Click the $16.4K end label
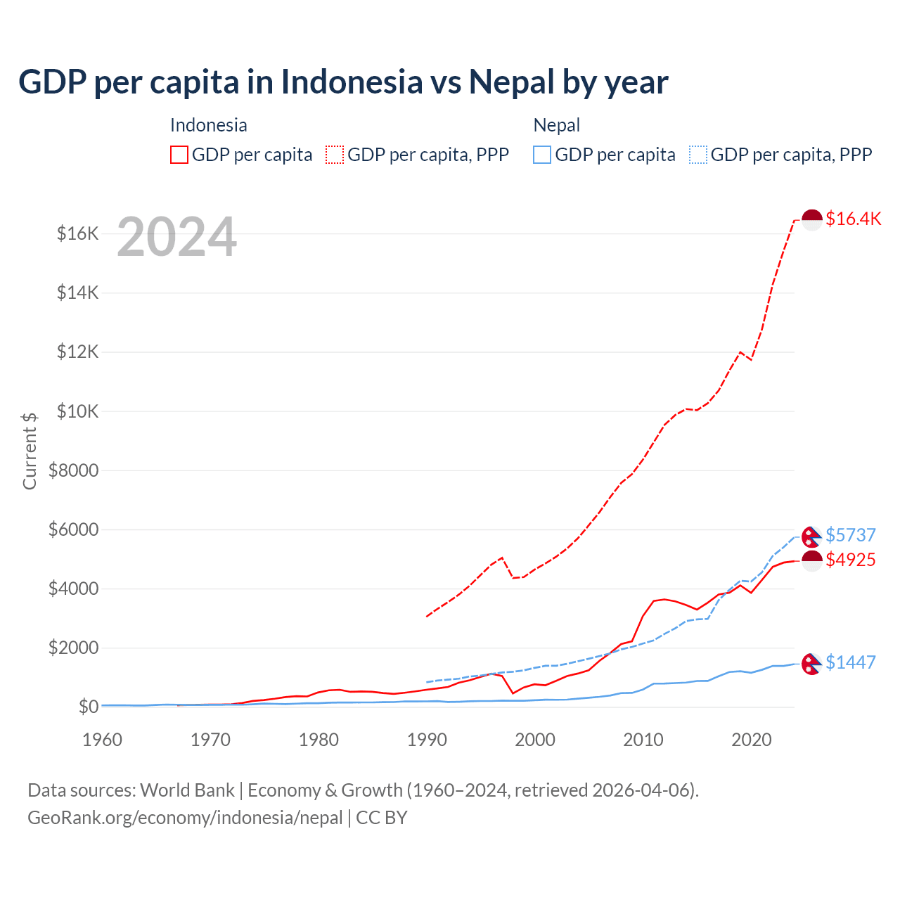point(853,219)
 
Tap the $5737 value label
point(850,535)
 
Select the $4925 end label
point(850,560)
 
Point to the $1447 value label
point(850,662)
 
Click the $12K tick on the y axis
point(77,352)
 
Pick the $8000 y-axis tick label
point(73,470)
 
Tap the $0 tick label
point(88,707)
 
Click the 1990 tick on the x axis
point(427,740)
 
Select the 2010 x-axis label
point(643,740)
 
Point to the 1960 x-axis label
point(103,740)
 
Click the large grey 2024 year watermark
point(176,237)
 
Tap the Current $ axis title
point(30,451)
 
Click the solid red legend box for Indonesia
point(179,155)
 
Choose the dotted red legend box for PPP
point(335,155)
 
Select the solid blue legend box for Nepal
point(542,155)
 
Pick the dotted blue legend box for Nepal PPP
point(698,155)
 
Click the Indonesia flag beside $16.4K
point(812,219)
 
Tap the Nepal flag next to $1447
point(811,663)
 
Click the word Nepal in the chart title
point(512,82)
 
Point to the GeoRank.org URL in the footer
point(185,818)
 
